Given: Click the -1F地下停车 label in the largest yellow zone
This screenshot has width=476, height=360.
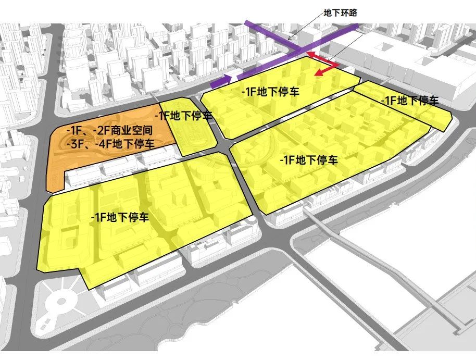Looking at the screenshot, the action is click(x=120, y=217).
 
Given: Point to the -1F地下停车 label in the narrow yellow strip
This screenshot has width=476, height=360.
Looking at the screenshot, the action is click(x=409, y=101).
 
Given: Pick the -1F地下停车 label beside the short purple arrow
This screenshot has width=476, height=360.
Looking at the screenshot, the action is click(x=270, y=92).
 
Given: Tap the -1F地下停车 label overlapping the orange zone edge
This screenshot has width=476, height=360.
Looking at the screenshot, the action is click(x=186, y=115).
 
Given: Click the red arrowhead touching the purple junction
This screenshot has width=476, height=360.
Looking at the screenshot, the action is click(x=308, y=53).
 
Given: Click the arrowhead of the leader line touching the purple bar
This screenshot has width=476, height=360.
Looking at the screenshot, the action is click(x=291, y=36).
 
